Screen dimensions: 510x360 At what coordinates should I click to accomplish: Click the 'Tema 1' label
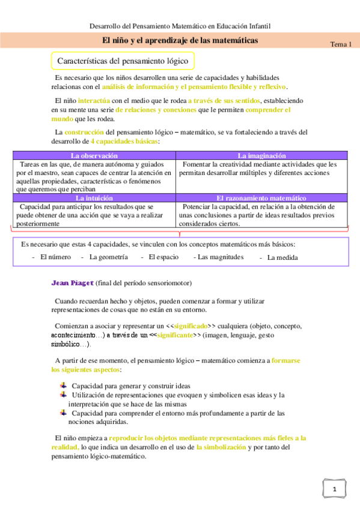point(341,45)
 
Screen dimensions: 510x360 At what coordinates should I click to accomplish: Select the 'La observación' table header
point(94,156)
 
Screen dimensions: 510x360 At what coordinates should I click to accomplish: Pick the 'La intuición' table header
point(94,198)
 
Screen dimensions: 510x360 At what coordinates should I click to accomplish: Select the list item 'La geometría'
point(108,257)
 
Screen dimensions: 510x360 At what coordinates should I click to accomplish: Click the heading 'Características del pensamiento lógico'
point(123,61)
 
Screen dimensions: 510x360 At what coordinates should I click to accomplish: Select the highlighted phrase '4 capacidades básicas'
point(124,141)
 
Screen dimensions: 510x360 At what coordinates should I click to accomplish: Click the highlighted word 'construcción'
point(85,132)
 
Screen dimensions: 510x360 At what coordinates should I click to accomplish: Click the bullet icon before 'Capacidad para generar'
point(64,385)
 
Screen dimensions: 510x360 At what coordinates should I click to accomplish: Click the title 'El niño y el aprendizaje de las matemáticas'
point(180,40)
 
